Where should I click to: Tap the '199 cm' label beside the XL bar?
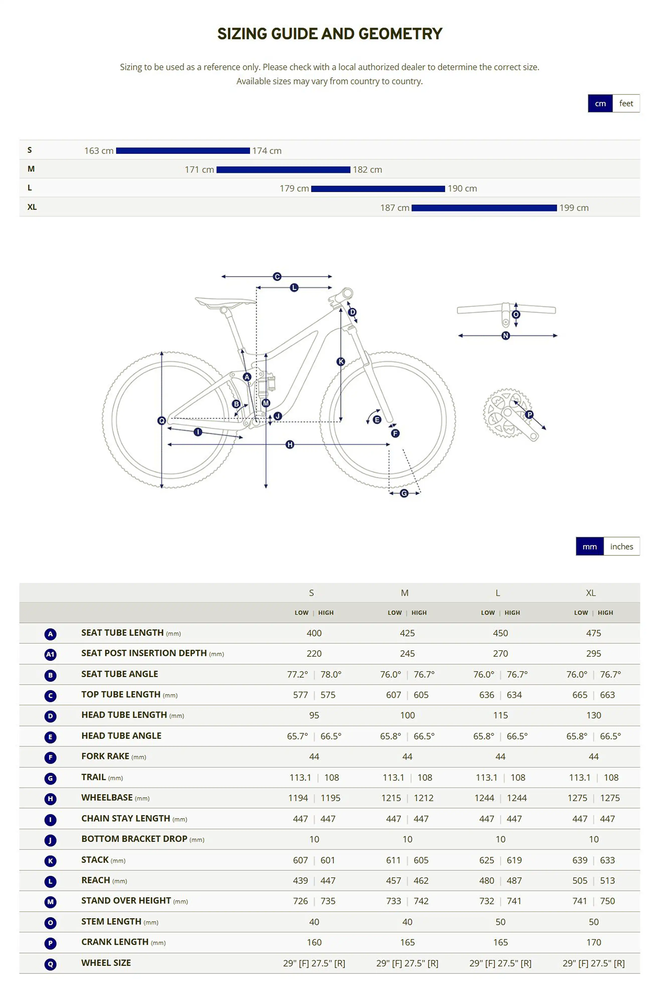coord(574,208)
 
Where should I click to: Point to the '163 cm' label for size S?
coord(99,150)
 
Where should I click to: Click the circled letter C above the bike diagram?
coord(277,277)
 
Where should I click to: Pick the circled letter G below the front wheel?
coord(404,493)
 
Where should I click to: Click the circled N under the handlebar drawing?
coord(506,336)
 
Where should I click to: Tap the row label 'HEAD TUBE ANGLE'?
coord(121,735)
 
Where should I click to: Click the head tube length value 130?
coord(593,715)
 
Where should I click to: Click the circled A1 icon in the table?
coord(50,654)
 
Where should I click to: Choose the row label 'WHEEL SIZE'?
coord(106,963)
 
